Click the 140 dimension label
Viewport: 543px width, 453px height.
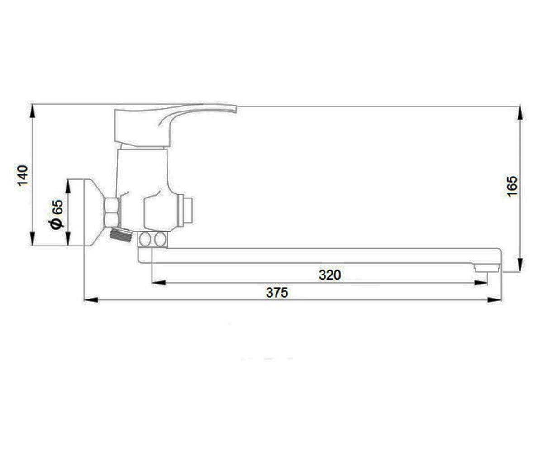coord(22,175)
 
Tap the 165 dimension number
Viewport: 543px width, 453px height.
coord(513,186)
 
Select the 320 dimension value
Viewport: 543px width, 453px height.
coord(330,275)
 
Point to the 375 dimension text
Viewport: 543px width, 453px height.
coord(276,293)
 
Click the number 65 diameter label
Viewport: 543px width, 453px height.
coord(58,207)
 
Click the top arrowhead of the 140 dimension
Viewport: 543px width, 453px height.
coord(33,111)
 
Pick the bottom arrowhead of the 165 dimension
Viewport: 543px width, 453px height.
coord(519,265)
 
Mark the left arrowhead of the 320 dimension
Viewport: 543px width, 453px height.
coord(159,283)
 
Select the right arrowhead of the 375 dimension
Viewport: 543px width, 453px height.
coord(494,300)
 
